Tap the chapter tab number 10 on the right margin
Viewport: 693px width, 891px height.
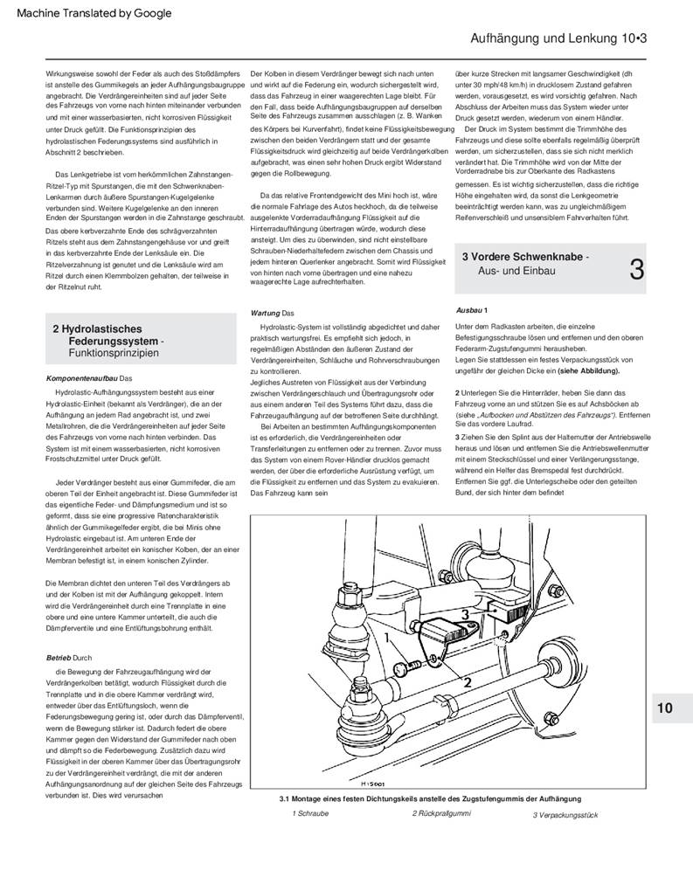point(665,708)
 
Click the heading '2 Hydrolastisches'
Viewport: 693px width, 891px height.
point(97,328)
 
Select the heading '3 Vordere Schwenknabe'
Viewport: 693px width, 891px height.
point(523,257)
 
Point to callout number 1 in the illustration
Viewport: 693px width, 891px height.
point(385,639)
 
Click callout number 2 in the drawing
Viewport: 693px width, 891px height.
point(468,681)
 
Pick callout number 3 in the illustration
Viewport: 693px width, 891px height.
point(465,615)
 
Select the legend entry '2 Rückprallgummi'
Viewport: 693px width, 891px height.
point(441,813)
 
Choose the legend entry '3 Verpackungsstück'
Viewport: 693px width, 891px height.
point(565,814)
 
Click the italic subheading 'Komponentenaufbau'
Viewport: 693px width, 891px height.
point(81,378)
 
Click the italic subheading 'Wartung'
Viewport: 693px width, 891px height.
point(266,312)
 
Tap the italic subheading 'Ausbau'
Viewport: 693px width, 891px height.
point(469,310)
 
